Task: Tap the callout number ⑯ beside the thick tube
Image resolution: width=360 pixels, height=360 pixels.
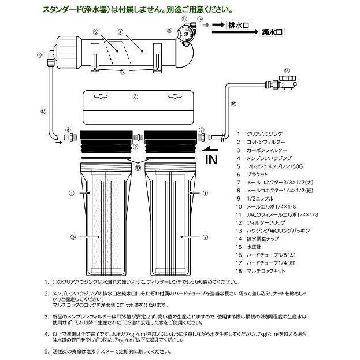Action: click(233, 104)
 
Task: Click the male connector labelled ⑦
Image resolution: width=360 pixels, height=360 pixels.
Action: click(203, 138)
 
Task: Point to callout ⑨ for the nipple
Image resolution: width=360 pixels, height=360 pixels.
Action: click(135, 147)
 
